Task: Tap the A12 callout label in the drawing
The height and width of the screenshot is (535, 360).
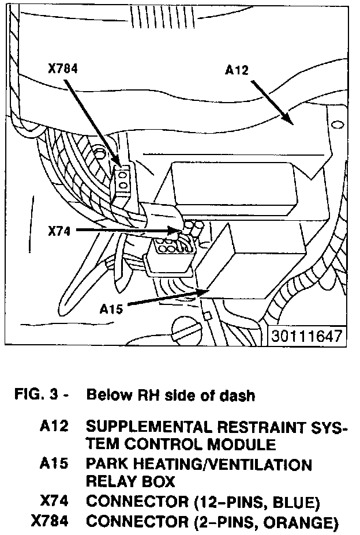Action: pos(237,71)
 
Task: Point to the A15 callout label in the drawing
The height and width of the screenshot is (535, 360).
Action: pos(112,309)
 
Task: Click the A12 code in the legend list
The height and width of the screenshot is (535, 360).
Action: pos(54,427)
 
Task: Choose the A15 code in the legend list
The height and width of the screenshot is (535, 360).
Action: pos(54,465)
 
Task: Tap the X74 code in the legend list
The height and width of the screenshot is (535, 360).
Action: pos(54,502)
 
